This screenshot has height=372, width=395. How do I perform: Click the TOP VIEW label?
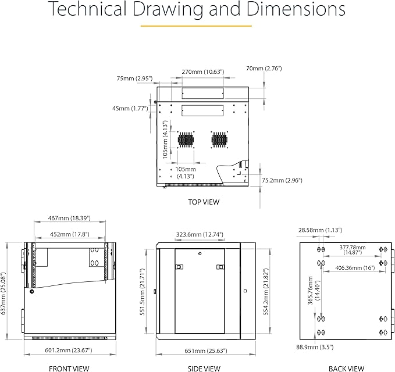click(204, 202)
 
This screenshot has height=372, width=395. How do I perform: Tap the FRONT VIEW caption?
click(69, 369)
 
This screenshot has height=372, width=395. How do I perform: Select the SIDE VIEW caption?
click(204, 369)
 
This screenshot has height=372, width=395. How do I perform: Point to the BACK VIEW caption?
click(346, 369)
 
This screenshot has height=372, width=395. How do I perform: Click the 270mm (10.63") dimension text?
click(203, 72)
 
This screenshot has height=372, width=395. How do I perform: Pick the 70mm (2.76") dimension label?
click(264, 69)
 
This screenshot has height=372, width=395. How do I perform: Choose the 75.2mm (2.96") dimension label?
click(282, 180)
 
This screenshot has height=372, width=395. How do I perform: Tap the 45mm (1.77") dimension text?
click(130, 109)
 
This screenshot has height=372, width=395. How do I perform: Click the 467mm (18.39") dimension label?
click(69, 218)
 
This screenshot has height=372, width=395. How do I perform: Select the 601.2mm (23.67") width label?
click(69, 350)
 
